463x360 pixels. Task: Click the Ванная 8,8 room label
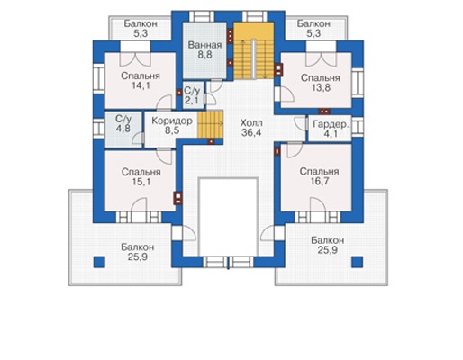204,49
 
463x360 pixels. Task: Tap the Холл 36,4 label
251,128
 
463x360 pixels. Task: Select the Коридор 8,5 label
172,126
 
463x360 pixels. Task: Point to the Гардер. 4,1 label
331,130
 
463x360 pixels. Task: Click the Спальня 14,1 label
141,81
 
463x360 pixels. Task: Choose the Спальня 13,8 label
321,83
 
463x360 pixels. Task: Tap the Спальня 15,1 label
141,176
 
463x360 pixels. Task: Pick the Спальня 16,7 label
320,176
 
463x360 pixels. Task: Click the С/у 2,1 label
192,95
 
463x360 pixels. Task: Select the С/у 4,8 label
123,123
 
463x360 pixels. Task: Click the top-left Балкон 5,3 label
141,29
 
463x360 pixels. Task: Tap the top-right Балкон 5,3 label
313,29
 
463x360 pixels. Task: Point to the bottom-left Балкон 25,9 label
138,252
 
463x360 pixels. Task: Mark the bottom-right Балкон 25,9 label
328,245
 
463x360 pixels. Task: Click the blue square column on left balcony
99,262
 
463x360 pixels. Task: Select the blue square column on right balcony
358,262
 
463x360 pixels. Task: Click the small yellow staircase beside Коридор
210,124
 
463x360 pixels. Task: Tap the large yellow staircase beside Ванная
254,50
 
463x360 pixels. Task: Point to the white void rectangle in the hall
229,217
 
